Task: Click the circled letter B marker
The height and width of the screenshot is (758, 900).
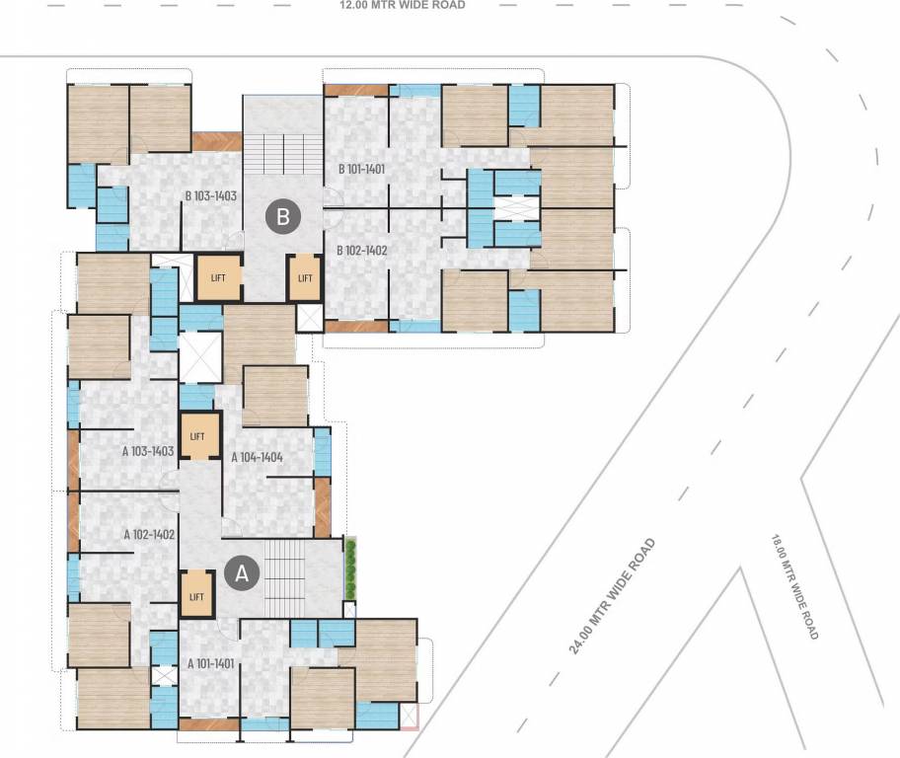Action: point(283,217)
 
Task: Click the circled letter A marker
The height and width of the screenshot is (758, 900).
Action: point(243,572)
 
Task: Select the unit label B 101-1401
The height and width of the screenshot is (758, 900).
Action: point(361,169)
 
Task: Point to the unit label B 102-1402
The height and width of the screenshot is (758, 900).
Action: point(362,251)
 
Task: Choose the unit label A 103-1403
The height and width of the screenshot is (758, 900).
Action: point(148,451)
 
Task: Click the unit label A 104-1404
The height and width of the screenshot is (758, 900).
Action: point(258,457)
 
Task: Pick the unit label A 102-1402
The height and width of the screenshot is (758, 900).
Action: point(149,534)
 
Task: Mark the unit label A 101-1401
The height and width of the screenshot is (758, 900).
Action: point(207,663)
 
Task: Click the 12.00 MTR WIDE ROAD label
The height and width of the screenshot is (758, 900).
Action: point(402,5)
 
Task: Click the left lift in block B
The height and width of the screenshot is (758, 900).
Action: point(218,277)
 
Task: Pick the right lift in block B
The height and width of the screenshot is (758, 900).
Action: point(305,277)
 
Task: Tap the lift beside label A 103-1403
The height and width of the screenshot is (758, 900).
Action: point(197,436)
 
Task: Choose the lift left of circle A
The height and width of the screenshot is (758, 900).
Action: point(196,596)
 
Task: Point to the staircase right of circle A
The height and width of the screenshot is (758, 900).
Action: point(288,572)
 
